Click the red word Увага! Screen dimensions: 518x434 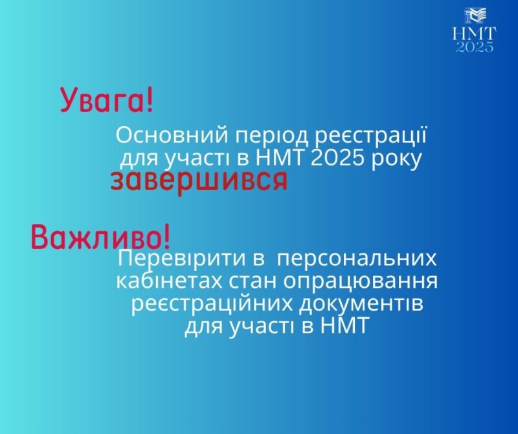point(107,100)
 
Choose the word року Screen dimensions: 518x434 point(396,160)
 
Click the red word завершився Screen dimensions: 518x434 point(199,181)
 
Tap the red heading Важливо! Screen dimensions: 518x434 point(101,237)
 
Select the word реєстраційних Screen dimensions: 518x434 point(212,304)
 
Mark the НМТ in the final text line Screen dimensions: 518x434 point(344,326)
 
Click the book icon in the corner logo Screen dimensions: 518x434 point(475,16)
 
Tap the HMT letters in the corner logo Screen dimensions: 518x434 point(475,34)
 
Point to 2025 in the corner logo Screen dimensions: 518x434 point(475,47)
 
